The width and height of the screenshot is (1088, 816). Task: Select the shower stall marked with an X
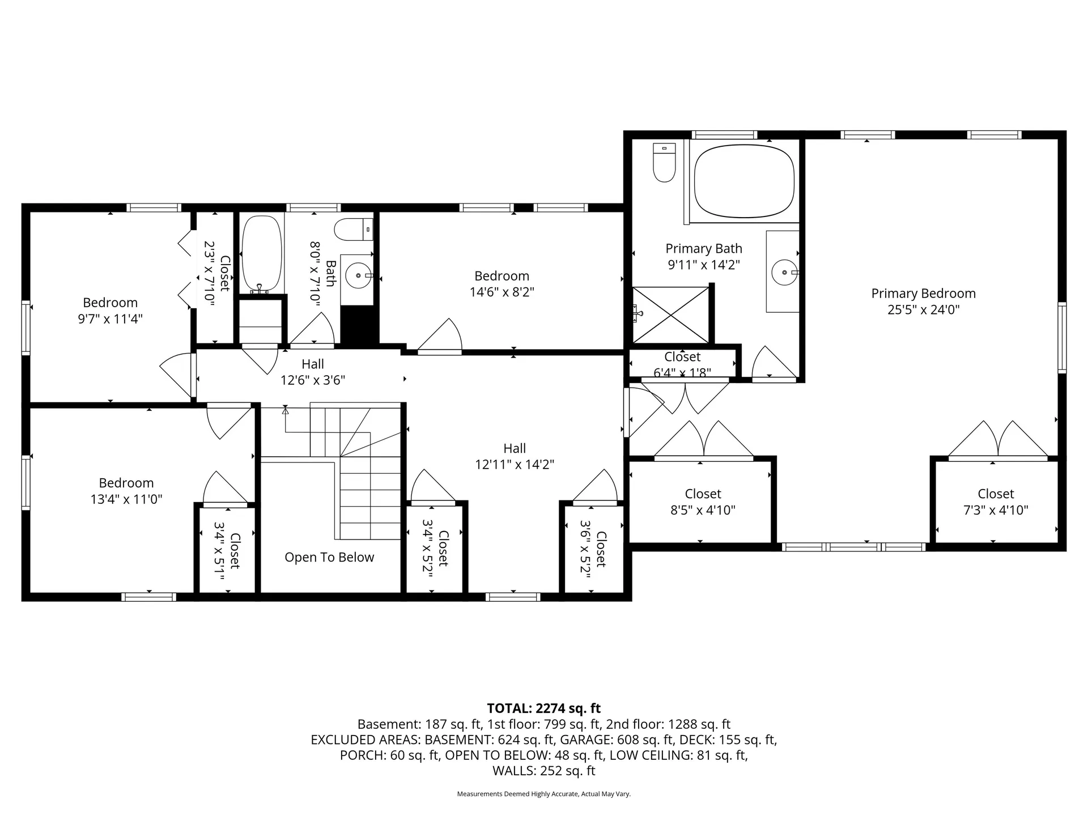tap(671, 315)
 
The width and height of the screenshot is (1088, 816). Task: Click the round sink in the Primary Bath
tap(785, 272)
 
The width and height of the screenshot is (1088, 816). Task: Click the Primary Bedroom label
tap(923, 294)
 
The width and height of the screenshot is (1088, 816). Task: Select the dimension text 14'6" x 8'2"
tap(501, 292)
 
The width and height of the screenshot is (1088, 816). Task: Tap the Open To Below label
tap(329, 558)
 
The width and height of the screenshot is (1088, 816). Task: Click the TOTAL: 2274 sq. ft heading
tap(543, 708)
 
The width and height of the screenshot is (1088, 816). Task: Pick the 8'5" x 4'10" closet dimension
tap(703, 510)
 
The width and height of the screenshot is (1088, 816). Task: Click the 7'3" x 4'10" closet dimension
tap(996, 510)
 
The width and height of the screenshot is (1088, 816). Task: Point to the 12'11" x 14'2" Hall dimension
tap(514, 465)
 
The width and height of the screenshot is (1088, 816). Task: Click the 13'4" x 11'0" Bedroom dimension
tap(126, 499)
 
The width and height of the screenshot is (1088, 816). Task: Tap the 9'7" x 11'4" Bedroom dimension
tap(110, 318)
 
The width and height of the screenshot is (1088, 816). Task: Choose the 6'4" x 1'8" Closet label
tap(682, 364)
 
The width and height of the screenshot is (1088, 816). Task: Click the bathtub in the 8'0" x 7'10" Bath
tap(262, 253)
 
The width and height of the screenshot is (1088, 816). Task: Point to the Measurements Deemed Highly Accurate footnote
tap(543, 794)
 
